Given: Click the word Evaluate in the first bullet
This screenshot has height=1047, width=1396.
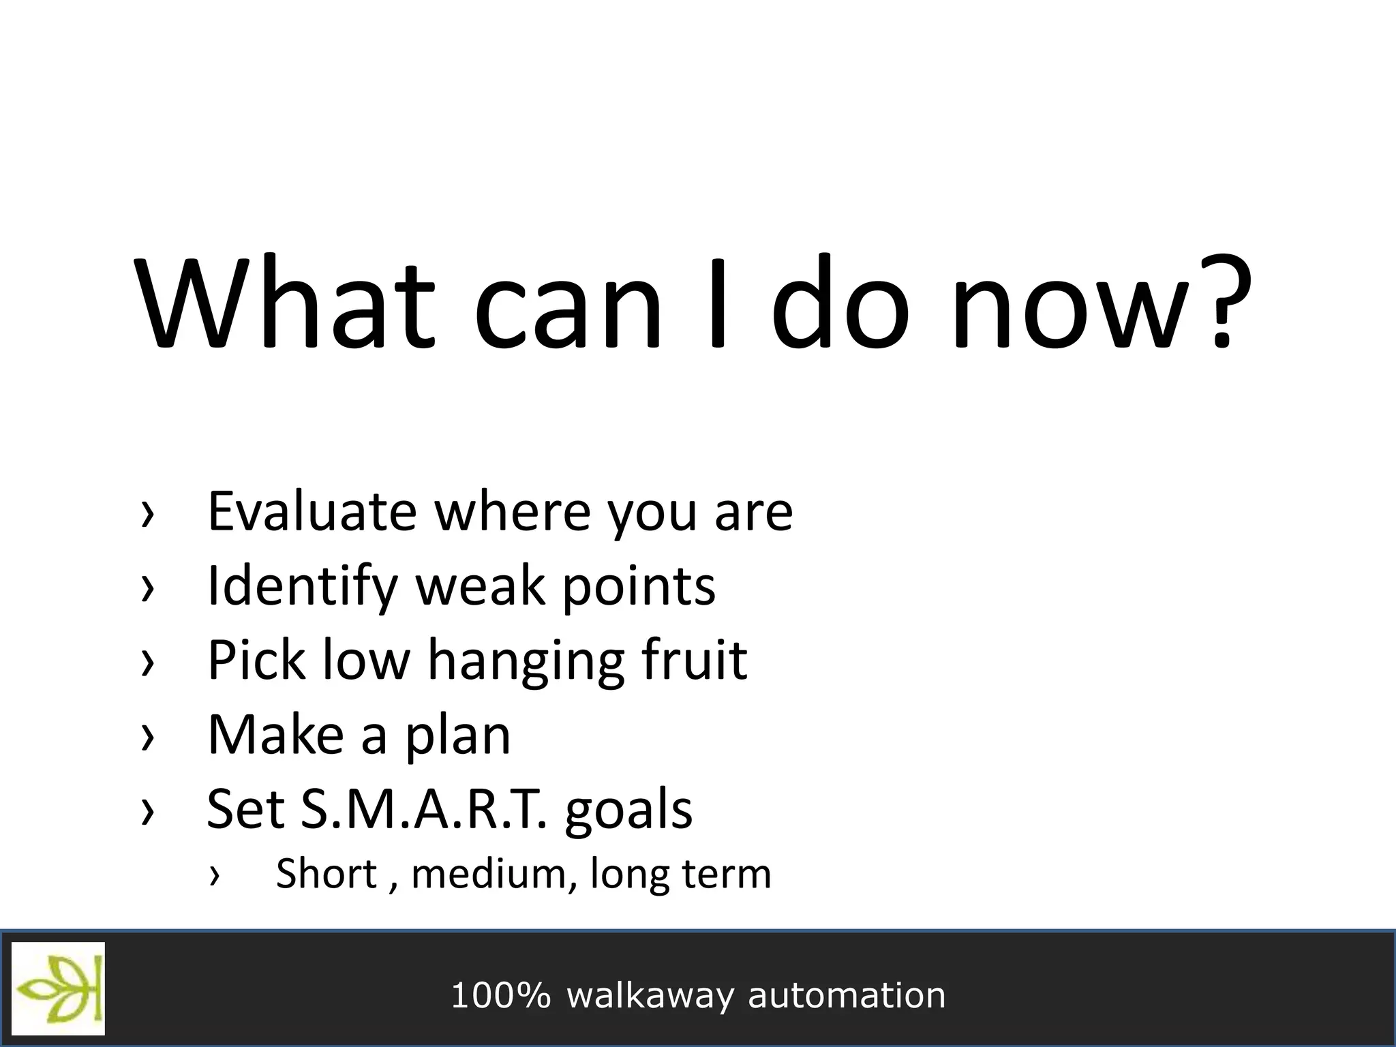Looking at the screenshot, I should click(x=312, y=511).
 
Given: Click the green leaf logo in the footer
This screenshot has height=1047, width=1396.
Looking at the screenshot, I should click(x=59, y=988).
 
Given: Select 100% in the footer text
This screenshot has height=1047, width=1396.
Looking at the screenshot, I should click(x=500, y=995).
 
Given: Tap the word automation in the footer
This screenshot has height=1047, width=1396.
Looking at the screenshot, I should click(x=847, y=995).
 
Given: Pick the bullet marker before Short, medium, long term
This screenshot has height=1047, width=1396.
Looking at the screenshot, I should click(x=215, y=875).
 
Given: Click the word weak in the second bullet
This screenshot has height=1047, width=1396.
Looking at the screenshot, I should click(x=479, y=586).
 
